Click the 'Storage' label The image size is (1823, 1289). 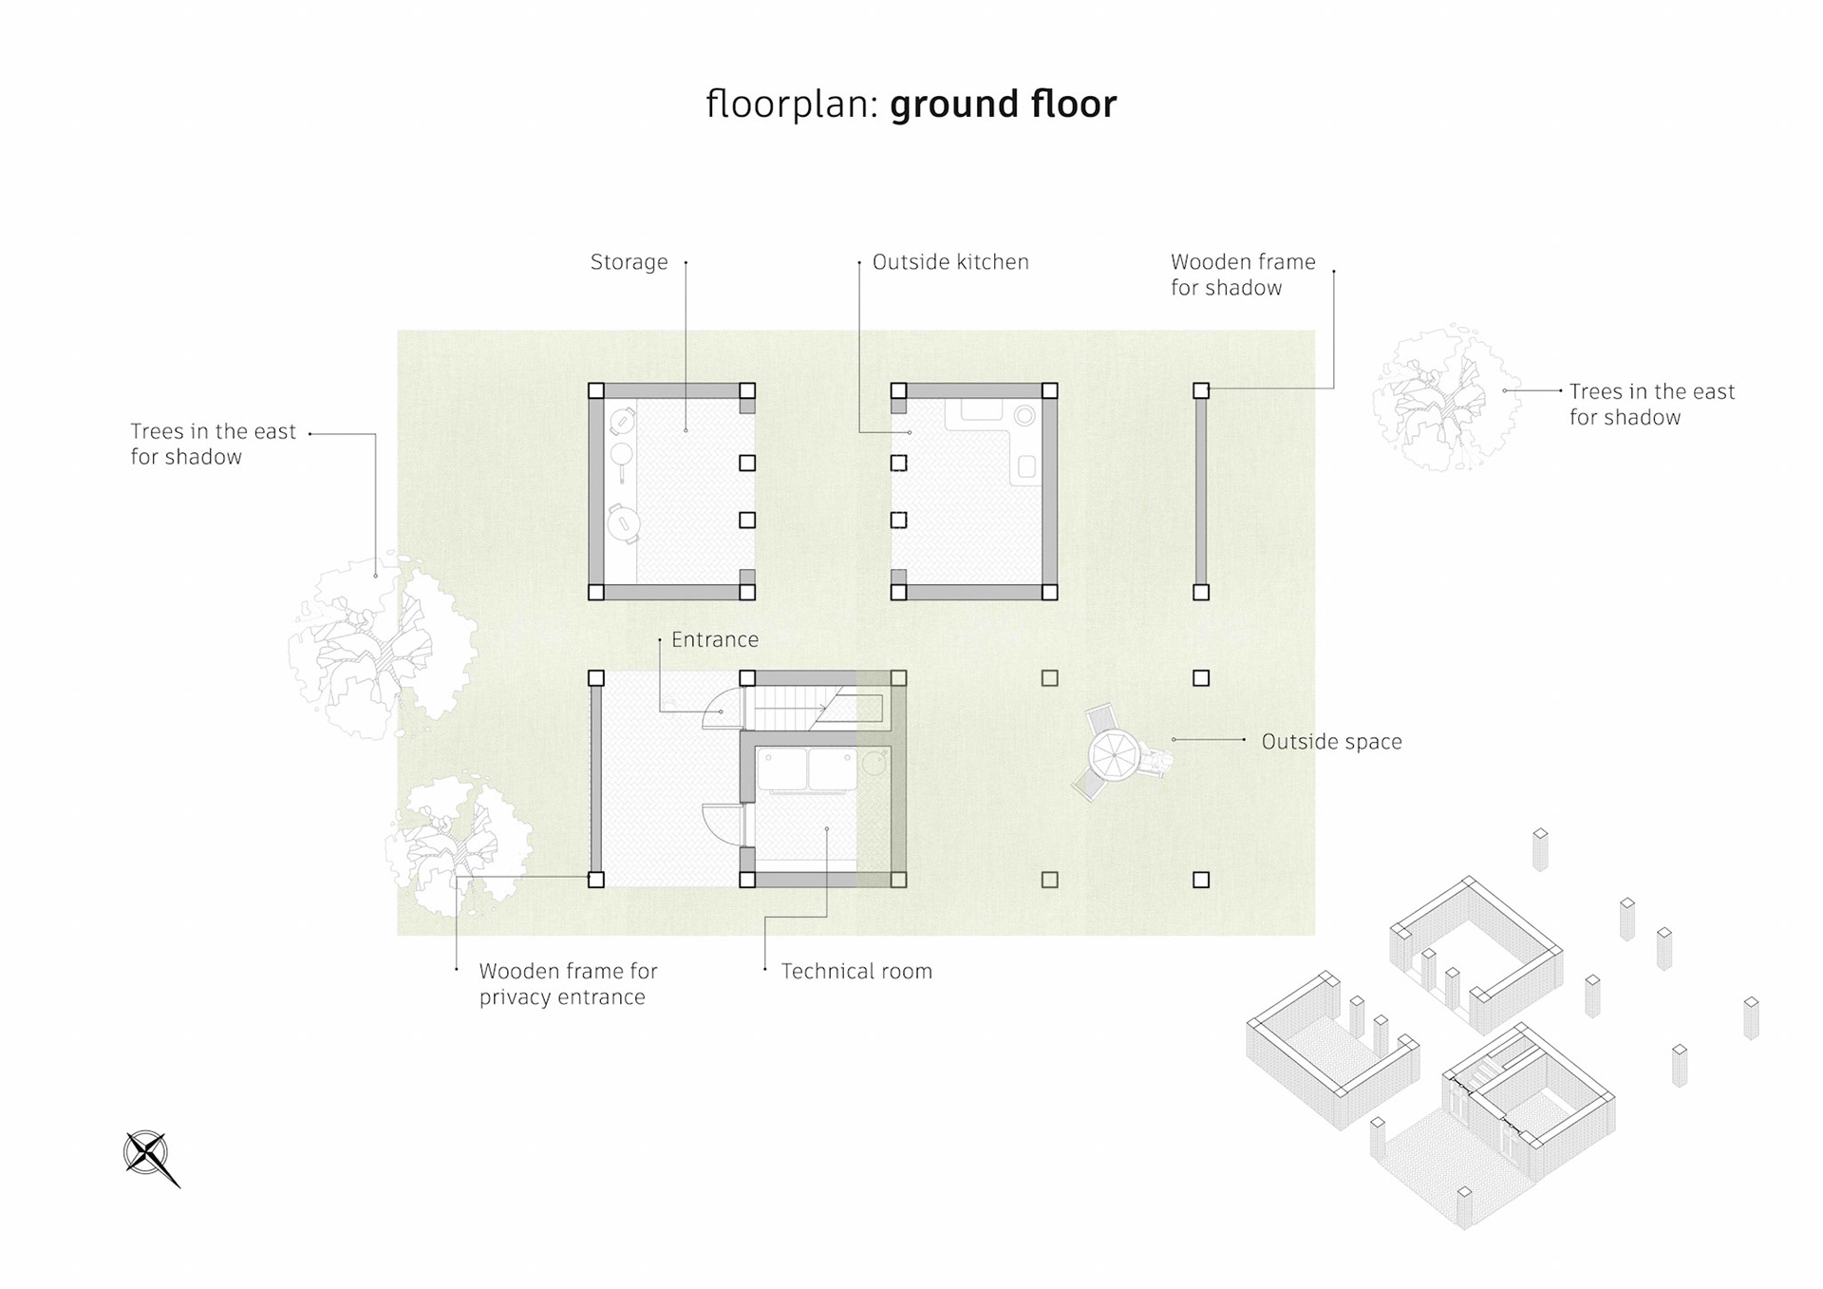(629, 262)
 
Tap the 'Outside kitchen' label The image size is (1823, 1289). (950, 262)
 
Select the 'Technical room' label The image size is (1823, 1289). (856, 971)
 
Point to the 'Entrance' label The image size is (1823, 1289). (715, 639)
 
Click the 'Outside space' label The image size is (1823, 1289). (1331, 742)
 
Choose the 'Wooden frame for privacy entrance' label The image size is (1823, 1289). (568, 984)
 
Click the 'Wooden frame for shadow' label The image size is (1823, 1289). (1243, 275)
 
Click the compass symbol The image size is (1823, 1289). (150, 1157)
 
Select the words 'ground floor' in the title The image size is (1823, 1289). (1003, 104)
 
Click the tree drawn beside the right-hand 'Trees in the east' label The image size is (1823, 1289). (1439, 398)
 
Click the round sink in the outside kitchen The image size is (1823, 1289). (1024, 416)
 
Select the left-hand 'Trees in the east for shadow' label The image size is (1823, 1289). (213, 445)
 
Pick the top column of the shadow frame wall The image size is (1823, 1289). (1201, 390)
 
